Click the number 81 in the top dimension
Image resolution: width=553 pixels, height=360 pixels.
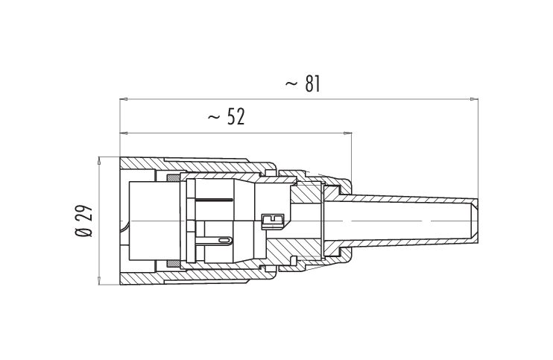[312, 84]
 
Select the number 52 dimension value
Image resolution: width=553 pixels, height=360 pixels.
[236, 117]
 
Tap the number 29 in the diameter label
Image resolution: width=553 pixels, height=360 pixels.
[85, 212]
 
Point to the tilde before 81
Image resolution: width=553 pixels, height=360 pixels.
[291, 84]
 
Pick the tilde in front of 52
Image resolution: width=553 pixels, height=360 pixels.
[214, 117]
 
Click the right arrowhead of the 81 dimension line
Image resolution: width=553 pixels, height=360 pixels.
[474, 99]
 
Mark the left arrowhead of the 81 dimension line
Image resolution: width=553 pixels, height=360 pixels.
[124, 99]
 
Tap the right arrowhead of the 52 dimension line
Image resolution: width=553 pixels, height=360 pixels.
[347, 133]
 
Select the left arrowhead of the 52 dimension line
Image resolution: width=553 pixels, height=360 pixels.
[124, 133]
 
